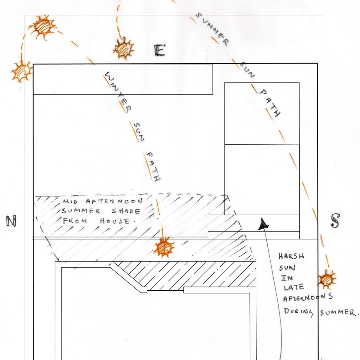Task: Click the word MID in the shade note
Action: tap(70, 202)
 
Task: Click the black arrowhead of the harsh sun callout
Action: tap(263, 224)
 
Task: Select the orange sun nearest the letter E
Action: tap(124, 48)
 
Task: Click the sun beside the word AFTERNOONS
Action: tap(327, 279)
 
